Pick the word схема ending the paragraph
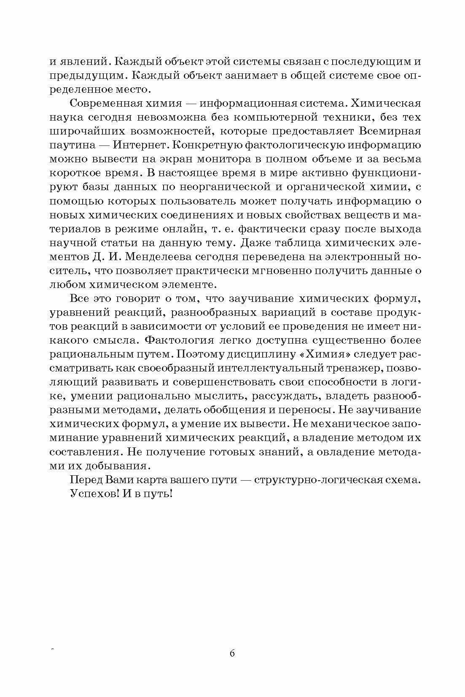(405, 480)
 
